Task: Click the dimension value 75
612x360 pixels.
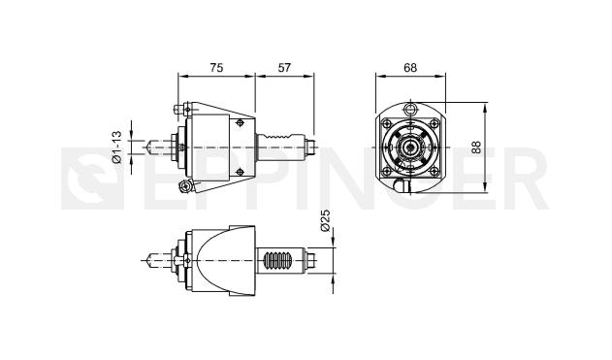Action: pos(216,68)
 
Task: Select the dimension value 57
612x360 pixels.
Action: pos(284,68)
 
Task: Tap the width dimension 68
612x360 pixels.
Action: pos(410,68)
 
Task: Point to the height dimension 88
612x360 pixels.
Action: pos(476,147)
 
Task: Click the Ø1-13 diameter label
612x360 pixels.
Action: pos(117,147)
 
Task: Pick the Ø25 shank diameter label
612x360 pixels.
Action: pos(325,220)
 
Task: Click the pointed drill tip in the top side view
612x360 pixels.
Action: pos(147,147)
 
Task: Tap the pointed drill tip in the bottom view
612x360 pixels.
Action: pos(147,260)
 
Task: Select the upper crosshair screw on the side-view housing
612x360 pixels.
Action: pos(240,123)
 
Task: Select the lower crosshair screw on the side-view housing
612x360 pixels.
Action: pos(240,172)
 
